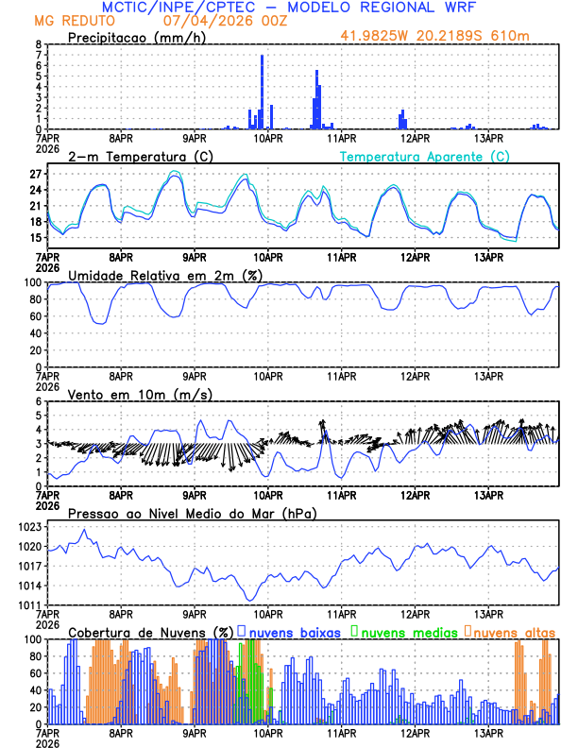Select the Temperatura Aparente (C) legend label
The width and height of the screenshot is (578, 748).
pos(424,156)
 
